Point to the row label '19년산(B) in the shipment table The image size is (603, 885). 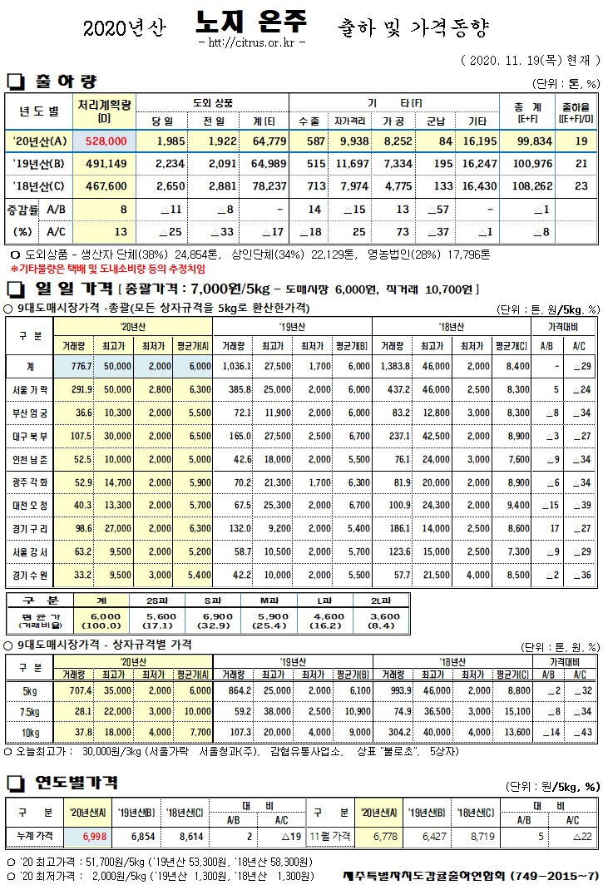(38, 165)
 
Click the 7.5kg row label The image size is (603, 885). (30, 711)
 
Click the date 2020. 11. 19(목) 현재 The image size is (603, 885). (530, 61)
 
